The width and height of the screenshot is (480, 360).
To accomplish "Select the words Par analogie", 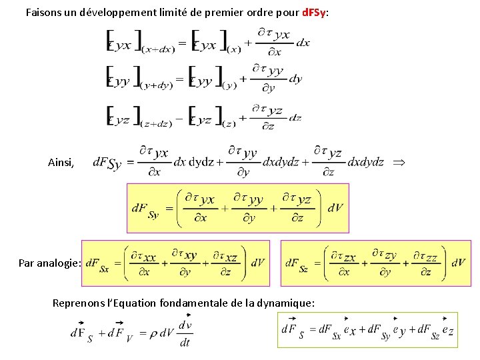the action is click(49, 263).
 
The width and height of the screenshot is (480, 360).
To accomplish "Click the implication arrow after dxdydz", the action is click(399, 162).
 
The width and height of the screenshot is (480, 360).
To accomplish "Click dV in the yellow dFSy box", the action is click(335, 208).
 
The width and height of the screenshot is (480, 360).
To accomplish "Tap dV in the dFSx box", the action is click(258, 263).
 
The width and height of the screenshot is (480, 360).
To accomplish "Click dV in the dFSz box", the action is click(458, 263).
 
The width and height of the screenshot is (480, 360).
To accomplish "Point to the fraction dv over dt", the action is click(185, 334).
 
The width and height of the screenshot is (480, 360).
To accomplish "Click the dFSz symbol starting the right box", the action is click(297, 264).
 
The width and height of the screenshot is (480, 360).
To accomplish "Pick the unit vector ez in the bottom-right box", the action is click(448, 330).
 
